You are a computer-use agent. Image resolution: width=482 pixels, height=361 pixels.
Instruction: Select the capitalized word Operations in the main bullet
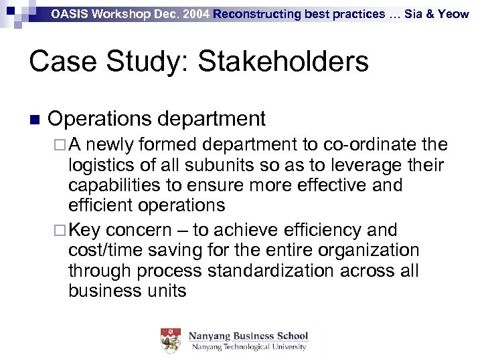click(101, 119)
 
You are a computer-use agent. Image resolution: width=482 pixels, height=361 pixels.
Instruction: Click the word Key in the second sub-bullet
click(84, 230)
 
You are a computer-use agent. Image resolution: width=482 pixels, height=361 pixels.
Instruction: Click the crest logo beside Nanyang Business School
click(171, 341)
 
